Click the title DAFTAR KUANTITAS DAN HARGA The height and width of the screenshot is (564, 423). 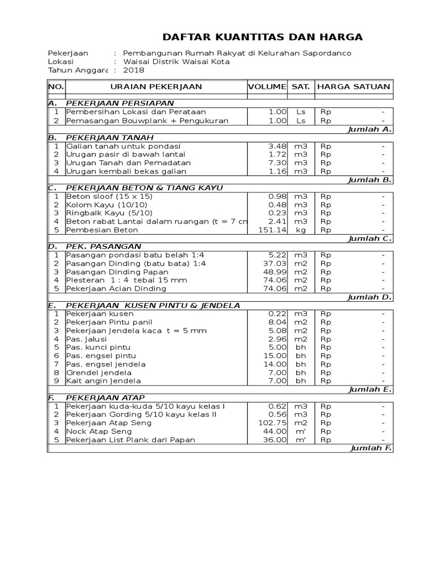coord(263,37)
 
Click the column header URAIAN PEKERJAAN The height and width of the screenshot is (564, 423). coord(156,86)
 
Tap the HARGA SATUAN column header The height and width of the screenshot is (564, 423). coord(354,86)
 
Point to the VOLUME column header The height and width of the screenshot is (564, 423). coord(267,86)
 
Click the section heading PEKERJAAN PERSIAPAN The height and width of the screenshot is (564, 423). coord(120,103)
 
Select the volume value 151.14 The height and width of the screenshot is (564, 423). coord(273,230)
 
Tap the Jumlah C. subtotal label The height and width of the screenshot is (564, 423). coord(370,238)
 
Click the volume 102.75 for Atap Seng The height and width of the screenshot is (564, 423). coord(273,423)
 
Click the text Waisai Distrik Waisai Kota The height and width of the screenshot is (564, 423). coord(176,62)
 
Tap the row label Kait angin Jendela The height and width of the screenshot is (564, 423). coord(103,381)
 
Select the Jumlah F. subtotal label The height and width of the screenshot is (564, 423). coord(371,448)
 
